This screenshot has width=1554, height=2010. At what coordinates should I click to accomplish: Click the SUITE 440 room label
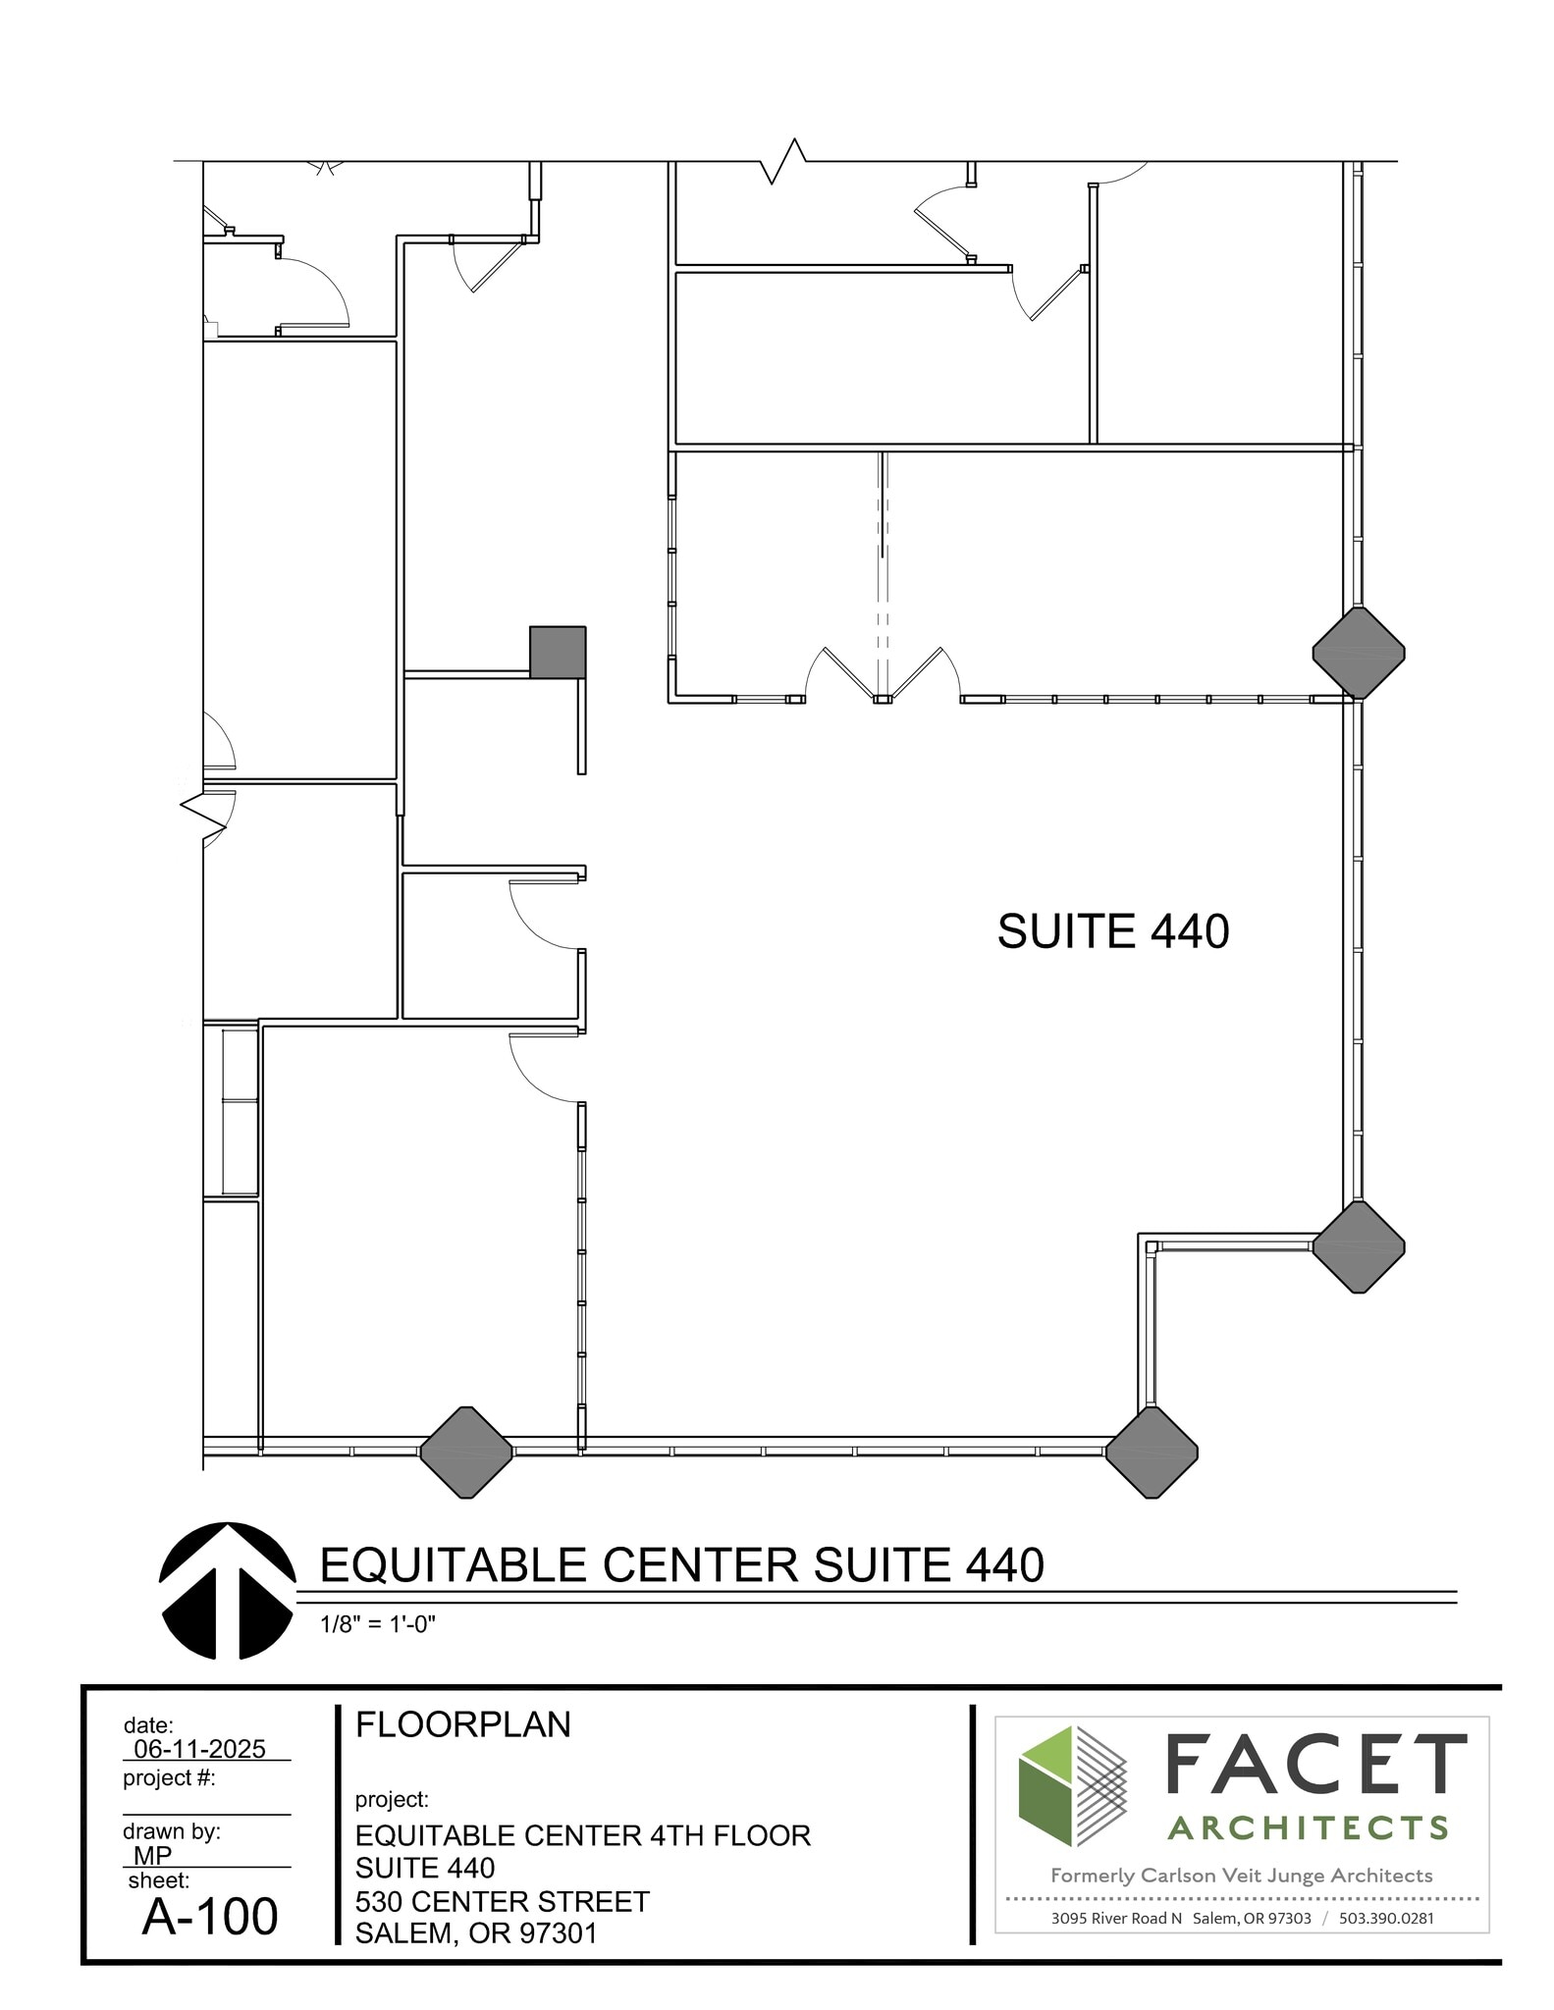click(x=1112, y=931)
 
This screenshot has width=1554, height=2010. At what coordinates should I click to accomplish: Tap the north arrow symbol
click(x=227, y=1591)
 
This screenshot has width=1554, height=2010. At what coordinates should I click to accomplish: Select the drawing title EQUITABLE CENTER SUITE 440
click(x=681, y=1565)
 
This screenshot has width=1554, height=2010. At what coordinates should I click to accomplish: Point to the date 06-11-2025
click(x=199, y=1749)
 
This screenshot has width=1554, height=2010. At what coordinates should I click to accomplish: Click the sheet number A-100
click(x=210, y=1917)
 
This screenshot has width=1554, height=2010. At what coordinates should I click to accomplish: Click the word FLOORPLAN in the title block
click(x=462, y=1725)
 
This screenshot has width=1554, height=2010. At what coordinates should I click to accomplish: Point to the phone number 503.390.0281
click(x=1386, y=1918)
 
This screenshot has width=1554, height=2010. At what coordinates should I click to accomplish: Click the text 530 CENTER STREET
click(x=502, y=1901)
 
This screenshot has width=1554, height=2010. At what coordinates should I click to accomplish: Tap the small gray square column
click(x=558, y=652)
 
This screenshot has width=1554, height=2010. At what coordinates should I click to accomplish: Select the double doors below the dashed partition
click(x=884, y=676)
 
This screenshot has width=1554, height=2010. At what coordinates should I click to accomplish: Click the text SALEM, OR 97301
click(x=476, y=1932)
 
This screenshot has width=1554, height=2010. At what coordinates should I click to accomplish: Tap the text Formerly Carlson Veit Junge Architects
click(x=1241, y=1876)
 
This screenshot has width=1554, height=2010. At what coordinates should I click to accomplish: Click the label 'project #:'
click(x=169, y=1777)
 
